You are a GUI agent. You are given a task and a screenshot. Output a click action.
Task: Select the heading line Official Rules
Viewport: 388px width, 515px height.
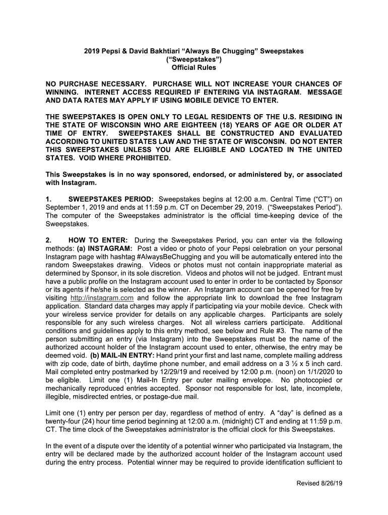194,67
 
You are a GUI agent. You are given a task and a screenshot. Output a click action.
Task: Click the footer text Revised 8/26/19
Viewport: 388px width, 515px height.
318,483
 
